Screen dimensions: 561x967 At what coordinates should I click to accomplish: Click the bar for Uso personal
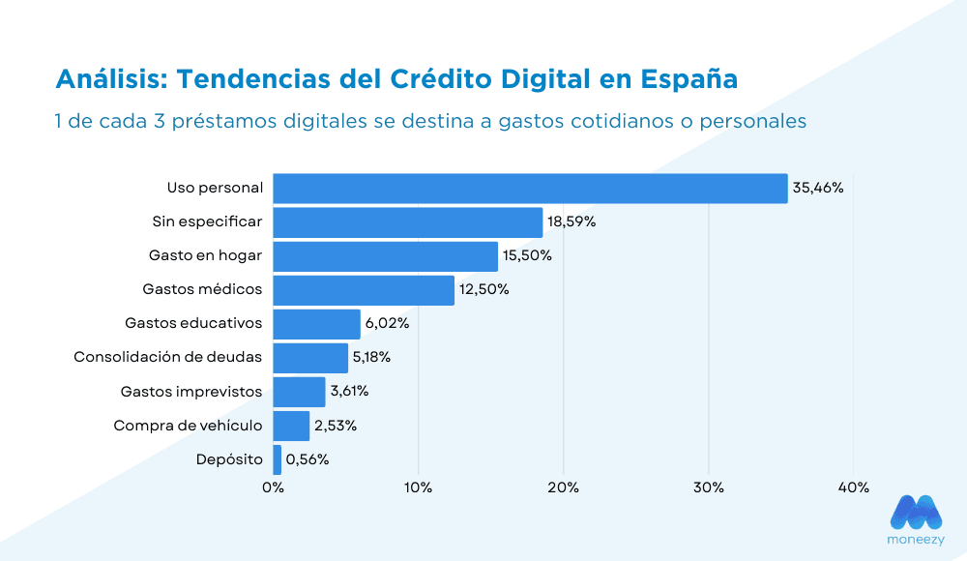tap(530, 189)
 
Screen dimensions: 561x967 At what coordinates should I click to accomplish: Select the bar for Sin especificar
tap(407, 222)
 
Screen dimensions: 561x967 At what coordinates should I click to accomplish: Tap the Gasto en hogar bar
tap(385, 256)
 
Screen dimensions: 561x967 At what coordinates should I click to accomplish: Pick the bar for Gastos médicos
tap(364, 290)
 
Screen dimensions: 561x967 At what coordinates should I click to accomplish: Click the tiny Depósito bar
tap(278, 459)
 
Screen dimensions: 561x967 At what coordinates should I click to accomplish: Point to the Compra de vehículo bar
tap(291, 426)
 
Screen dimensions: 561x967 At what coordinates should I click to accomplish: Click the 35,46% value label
tap(818, 189)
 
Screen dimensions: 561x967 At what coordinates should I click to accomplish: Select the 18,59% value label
tap(571, 222)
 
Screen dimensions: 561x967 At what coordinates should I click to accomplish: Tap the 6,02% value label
tap(387, 324)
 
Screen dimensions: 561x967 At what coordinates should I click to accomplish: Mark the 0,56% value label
tap(308, 459)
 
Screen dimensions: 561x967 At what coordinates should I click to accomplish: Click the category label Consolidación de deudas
tap(167, 357)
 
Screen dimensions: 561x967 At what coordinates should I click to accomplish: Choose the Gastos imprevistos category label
tap(190, 391)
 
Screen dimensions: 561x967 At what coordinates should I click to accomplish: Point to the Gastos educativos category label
tap(193, 323)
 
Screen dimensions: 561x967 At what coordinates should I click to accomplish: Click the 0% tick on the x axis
tap(273, 487)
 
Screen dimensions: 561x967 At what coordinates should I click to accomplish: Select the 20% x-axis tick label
tap(563, 487)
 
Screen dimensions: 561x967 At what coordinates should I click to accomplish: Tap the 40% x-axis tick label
tap(853, 487)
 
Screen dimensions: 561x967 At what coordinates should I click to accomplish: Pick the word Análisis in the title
tap(109, 78)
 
